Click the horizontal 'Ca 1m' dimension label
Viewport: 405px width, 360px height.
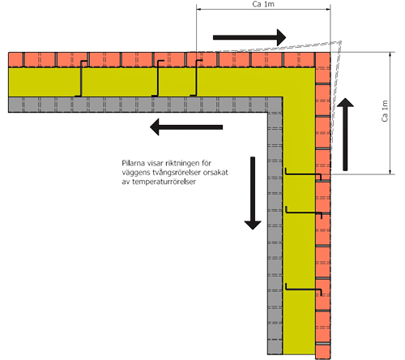(263, 4)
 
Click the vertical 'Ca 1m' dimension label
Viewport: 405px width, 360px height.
(385, 111)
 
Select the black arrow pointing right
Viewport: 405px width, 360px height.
(249, 37)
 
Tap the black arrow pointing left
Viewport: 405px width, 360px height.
(186, 127)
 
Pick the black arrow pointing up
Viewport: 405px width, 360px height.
(345, 135)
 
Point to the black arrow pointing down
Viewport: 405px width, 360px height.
(253, 193)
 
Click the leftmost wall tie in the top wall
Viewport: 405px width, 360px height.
(81, 79)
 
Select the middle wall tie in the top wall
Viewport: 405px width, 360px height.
(158, 79)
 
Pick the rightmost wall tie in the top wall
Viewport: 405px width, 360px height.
(196, 79)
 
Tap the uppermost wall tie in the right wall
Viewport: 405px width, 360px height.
(304, 174)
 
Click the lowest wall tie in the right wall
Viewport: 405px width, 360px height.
(304, 289)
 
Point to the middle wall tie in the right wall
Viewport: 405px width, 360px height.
(304, 213)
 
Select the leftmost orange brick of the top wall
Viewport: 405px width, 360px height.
(15, 59)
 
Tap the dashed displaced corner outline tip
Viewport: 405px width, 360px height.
(340, 42)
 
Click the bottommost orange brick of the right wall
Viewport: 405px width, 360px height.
(323, 352)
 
